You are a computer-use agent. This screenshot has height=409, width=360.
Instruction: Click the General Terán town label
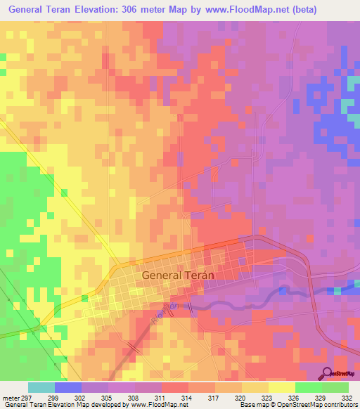click(x=178, y=275)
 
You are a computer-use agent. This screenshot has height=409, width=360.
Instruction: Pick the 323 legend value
click(x=268, y=397)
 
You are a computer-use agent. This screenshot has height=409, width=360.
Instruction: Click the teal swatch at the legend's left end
click(x=41, y=387)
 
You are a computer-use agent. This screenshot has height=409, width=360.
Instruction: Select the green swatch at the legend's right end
click(x=335, y=387)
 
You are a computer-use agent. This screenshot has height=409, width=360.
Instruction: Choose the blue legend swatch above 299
click(x=68, y=387)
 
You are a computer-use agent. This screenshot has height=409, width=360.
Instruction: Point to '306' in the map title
click(x=141, y=10)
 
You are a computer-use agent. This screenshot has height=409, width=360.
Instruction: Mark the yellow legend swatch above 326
click(x=281, y=387)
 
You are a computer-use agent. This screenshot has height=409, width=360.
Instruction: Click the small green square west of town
click(x=64, y=193)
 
